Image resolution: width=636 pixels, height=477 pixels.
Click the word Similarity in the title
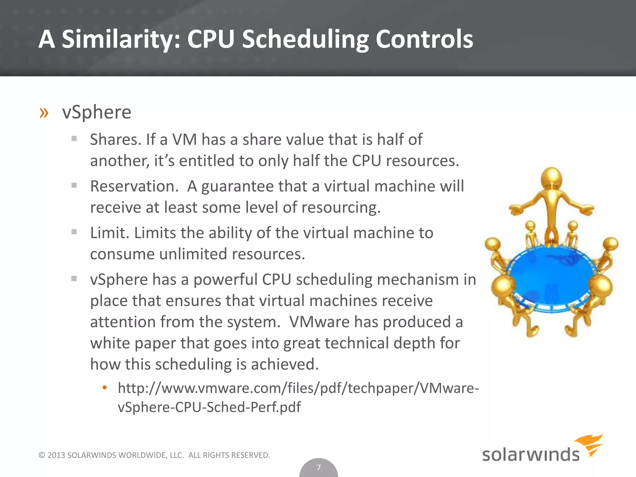point(121,39)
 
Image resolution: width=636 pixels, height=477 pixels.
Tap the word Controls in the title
point(424,39)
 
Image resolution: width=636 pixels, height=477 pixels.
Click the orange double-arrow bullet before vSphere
point(44,113)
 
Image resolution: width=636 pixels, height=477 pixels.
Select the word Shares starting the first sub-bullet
point(116,139)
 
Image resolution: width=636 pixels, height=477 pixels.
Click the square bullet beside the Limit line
point(74,232)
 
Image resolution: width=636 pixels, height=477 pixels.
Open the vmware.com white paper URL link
point(298,388)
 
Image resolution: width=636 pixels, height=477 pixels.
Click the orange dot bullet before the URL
point(105,388)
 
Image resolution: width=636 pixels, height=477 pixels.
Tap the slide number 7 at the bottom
point(318,467)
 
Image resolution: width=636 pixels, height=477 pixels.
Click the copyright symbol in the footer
point(42,455)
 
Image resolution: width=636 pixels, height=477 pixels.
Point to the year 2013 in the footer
point(56,455)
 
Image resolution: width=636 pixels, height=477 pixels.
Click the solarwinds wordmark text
point(530,455)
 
